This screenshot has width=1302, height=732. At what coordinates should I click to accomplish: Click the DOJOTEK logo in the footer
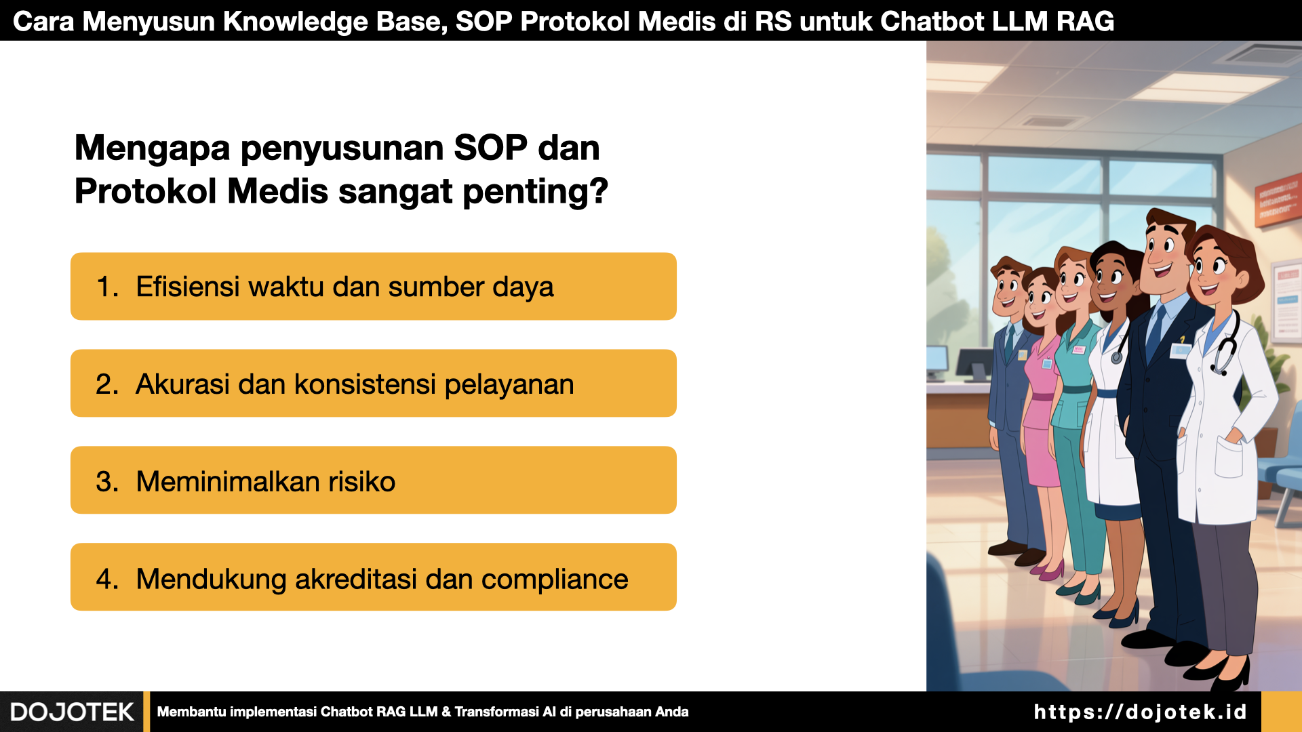(x=72, y=712)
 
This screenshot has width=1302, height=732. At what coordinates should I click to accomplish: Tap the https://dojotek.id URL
(x=1140, y=712)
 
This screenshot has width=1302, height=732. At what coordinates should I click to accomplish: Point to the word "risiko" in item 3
(x=361, y=481)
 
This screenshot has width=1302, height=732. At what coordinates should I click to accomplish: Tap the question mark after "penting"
(x=599, y=190)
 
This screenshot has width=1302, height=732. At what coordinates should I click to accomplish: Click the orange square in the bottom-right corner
(x=1282, y=712)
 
